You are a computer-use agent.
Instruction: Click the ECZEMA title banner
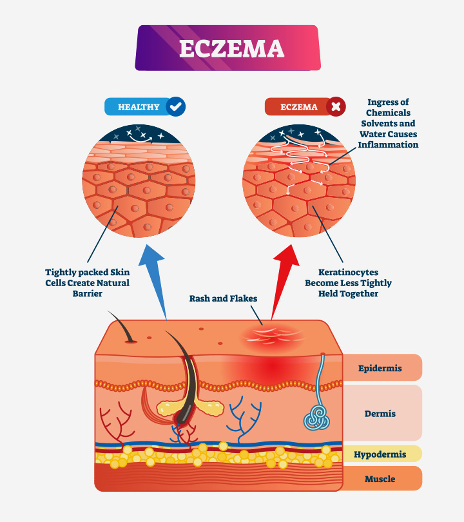coord(227,48)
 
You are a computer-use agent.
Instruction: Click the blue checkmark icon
coord(175,106)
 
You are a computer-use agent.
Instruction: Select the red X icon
coord(336,106)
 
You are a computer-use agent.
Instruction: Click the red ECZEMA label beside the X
coord(296,107)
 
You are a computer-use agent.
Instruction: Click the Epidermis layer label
coord(380,368)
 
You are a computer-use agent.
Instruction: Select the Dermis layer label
coord(380,413)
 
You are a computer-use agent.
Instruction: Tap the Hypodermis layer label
coord(380,454)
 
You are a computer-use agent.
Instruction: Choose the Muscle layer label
coord(380,479)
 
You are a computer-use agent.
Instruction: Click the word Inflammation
coord(389,144)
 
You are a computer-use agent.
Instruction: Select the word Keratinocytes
coord(348,272)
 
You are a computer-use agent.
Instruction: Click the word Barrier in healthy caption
coord(87,293)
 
